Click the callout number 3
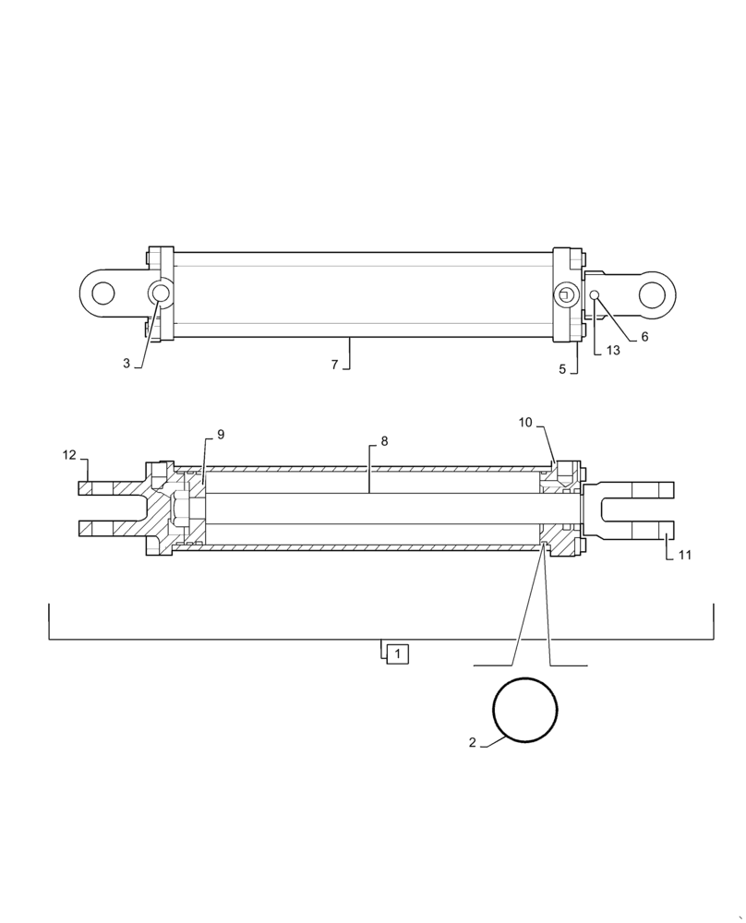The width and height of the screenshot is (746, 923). (126, 364)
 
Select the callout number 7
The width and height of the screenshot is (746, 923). (335, 365)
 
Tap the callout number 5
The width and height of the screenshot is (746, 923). (562, 369)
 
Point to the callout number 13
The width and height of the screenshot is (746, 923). (613, 351)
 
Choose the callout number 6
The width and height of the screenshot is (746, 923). (644, 337)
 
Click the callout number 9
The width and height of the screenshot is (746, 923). (221, 434)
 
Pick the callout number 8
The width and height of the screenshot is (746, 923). (384, 441)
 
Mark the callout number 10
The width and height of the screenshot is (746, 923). (525, 423)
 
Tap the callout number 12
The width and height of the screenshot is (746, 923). (69, 454)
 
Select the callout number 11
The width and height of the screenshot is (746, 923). (684, 555)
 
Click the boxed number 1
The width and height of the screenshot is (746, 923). (397, 654)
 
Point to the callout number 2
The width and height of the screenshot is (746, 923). (472, 742)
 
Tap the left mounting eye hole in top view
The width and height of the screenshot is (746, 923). (102, 294)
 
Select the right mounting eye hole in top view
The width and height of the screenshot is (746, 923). (652, 294)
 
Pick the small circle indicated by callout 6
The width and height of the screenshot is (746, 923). (596, 295)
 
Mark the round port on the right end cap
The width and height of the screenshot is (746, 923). (565, 294)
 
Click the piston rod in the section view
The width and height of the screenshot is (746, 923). (369, 509)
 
